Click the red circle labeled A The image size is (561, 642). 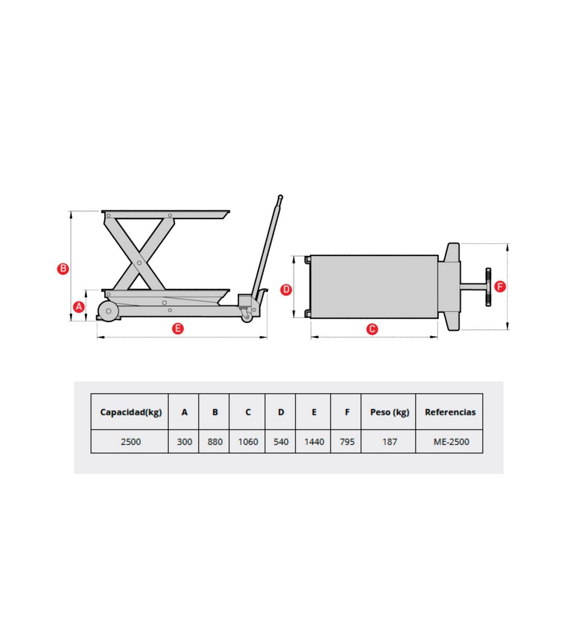point(79,306)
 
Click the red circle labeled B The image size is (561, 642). point(63,269)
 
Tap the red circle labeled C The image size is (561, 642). point(372,329)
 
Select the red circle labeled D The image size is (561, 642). point(286,290)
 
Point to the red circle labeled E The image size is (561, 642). point(178,328)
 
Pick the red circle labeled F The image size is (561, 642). point(500,286)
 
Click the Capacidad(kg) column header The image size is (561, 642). point(131,412)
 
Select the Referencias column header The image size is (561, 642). point(450,412)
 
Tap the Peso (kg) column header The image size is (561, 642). point(389,412)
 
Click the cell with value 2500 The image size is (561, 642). point(131,442)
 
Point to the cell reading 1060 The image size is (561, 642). point(248,442)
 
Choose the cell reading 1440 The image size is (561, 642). point(314,442)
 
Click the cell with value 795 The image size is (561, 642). point(347,442)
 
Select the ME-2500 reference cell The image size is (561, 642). point(451,442)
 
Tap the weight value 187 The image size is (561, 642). point(389,442)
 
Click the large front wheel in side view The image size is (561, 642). point(108,311)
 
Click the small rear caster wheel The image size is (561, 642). point(247,317)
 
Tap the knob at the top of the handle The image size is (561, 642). point(280,197)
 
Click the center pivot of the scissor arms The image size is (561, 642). point(139,263)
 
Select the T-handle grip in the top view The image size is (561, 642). point(488,287)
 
